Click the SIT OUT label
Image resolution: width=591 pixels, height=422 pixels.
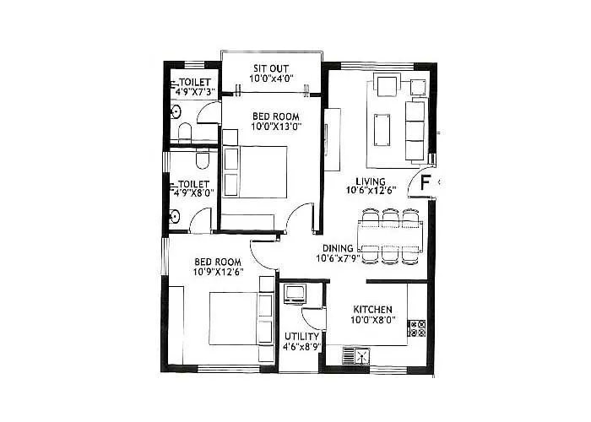[270, 68]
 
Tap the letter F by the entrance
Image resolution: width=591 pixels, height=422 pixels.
[426, 181]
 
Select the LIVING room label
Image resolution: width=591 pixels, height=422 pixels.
[371, 181]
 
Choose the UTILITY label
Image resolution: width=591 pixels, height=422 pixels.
[301, 336]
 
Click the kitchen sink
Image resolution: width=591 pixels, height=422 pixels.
[361, 356]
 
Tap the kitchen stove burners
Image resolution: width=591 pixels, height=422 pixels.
[416, 329]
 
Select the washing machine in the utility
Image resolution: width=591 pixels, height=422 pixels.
[295, 294]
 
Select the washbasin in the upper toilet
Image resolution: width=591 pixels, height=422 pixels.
[175, 111]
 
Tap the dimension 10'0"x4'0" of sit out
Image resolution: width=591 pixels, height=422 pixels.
[270, 78]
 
